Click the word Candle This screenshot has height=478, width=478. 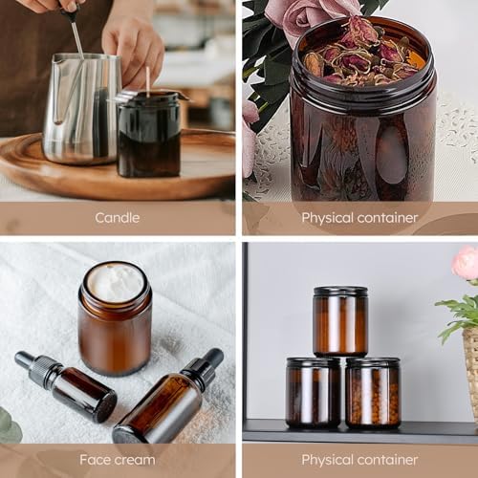click(x=117, y=218)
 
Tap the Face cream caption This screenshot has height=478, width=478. click(x=118, y=460)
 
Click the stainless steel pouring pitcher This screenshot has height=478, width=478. click(x=81, y=109)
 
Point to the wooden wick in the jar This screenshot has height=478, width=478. click(x=148, y=81)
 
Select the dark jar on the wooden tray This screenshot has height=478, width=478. click(x=149, y=134)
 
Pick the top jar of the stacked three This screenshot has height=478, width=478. click(x=340, y=321)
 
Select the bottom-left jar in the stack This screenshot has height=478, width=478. click(x=314, y=393)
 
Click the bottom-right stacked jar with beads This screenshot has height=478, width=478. click(x=373, y=393)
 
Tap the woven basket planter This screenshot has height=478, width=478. click(x=471, y=366)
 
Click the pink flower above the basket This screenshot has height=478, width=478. click(x=466, y=263)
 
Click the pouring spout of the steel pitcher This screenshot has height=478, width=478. click(x=57, y=59)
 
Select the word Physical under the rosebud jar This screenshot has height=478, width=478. click(x=328, y=218)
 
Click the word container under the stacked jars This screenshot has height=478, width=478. click(x=387, y=460)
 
